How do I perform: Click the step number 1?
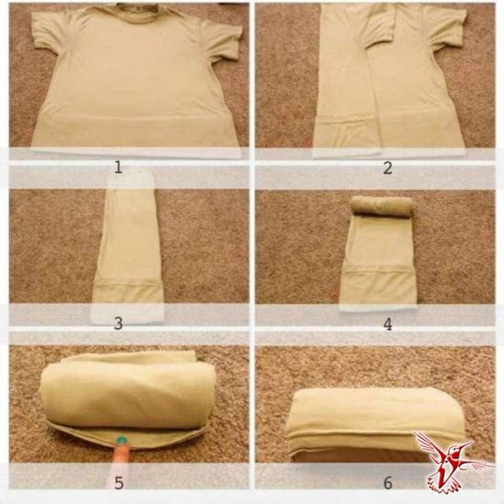coord(118,168)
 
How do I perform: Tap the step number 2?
coord(388,168)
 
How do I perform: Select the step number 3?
coord(118,323)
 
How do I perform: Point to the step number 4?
coord(388,324)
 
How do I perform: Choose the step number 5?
coord(118,483)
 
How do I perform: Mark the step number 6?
coord(388,483)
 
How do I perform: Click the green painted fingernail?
coord(122,439)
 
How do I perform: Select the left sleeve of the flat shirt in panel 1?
coord(51,36)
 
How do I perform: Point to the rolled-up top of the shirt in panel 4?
coord(381,205)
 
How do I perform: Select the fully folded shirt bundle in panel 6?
coord(375,422)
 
